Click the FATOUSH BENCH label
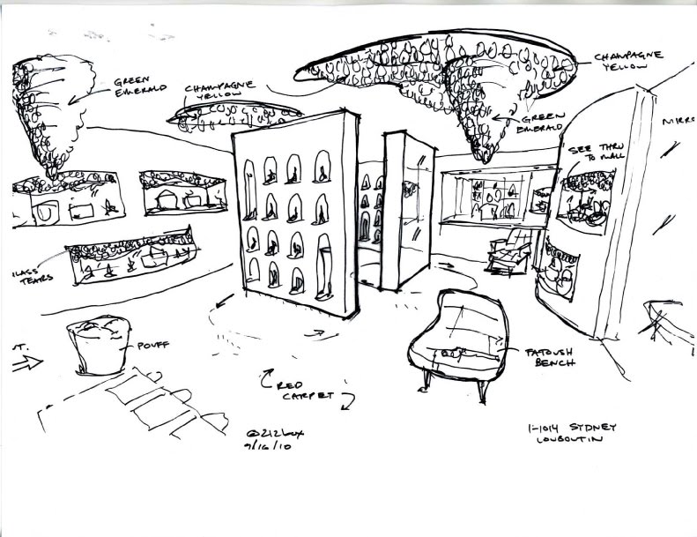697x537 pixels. click(x=550, y=356)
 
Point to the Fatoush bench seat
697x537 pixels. click(x=459, y=335)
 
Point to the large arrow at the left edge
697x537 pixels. click(x=27, y=362)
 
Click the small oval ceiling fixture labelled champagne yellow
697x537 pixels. click(x=234, y=113)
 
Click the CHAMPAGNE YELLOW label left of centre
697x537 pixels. click(x=221, y=92)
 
